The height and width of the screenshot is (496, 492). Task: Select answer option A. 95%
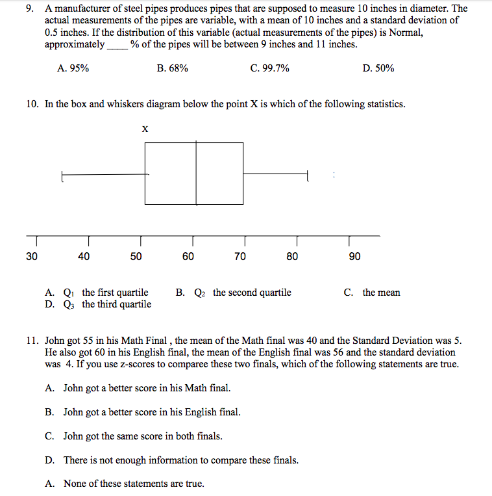(73, 68)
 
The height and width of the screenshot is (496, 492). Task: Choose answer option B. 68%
(173, 68)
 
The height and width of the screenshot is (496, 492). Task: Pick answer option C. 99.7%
(269, 68)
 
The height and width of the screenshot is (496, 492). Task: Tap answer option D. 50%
(378, 68)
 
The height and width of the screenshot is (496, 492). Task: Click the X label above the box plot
(145, 129)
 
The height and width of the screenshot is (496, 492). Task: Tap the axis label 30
(32, 257)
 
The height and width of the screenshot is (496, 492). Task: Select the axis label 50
(136, 257)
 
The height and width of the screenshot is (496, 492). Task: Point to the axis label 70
(240, 257)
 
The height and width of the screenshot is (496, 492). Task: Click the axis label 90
(354, 257)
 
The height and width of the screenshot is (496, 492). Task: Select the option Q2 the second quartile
(234, 293)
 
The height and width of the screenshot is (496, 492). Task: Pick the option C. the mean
(372, 293)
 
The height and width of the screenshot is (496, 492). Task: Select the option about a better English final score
(143, 412)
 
